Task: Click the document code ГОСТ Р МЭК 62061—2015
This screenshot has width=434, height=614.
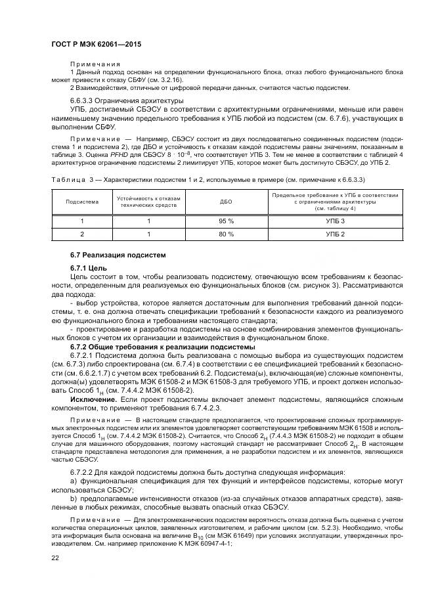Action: [96, 44]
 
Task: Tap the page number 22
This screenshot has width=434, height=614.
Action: [55, 558]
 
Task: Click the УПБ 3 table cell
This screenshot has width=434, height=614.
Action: [334, 221]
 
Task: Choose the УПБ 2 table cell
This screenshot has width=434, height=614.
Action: [334, 234]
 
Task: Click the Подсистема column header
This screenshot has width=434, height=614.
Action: [82, 202]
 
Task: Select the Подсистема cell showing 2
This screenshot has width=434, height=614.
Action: [82, 234]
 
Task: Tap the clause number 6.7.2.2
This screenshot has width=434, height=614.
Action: [83, 473]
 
